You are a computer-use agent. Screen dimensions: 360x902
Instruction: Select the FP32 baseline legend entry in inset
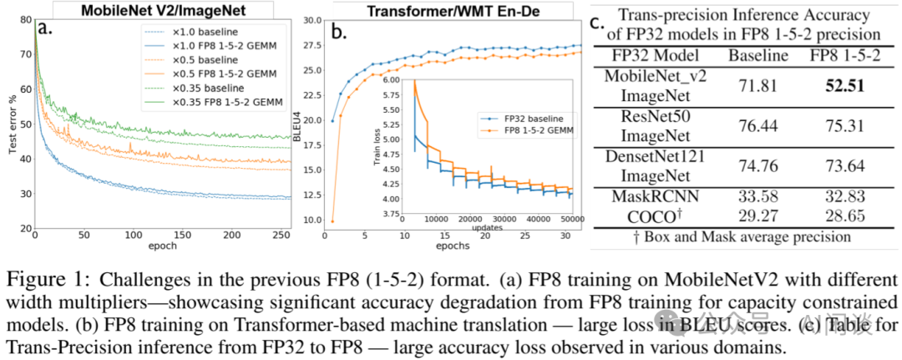click(515, 118)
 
